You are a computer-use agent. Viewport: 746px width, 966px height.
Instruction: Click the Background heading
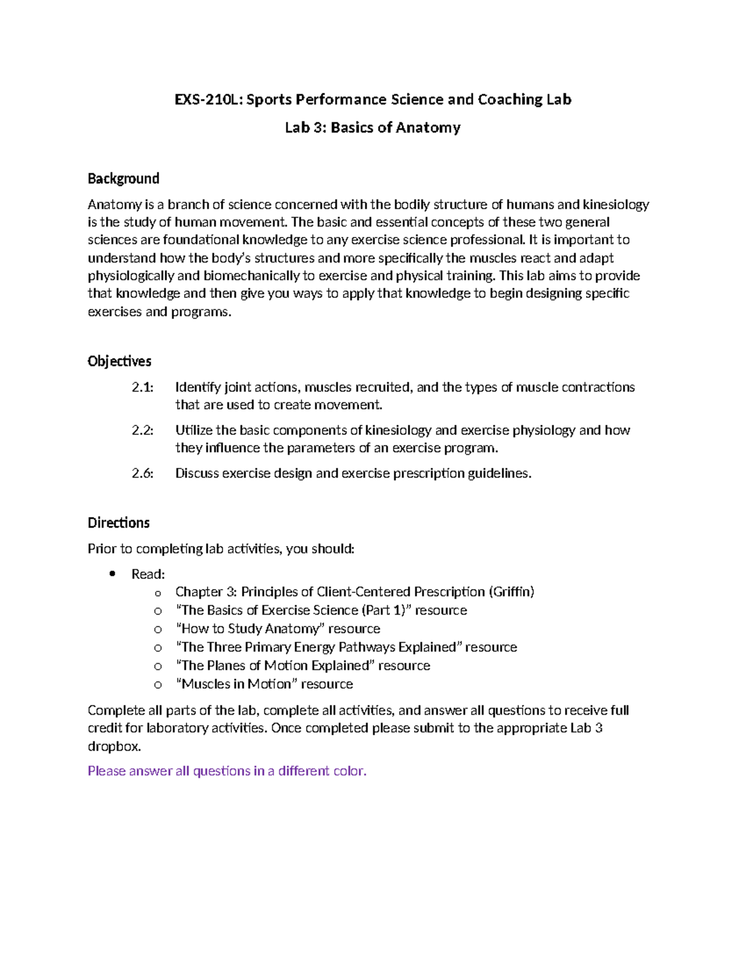click(123, 179)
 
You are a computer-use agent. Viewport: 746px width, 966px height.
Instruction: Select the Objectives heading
click(119, 361)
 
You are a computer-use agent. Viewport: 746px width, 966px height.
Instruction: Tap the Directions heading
click(119, 522)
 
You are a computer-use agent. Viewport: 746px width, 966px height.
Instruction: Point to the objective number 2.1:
click(142, 388)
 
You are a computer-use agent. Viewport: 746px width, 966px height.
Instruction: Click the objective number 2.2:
click(142, 430)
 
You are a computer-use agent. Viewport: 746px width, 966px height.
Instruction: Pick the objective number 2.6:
click(142, 473)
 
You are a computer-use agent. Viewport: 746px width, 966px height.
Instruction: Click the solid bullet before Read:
click(112, 574)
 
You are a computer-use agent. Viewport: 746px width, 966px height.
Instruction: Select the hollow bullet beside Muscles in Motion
click(158, 684)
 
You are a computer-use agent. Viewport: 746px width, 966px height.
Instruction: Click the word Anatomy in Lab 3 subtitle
click(428, 128)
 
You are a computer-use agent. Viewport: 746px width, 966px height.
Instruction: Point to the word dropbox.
click(114, 746)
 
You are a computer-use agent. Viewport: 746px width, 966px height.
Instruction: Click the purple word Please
click(106, 771)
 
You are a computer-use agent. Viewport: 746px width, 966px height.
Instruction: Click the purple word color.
click(350, 771)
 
